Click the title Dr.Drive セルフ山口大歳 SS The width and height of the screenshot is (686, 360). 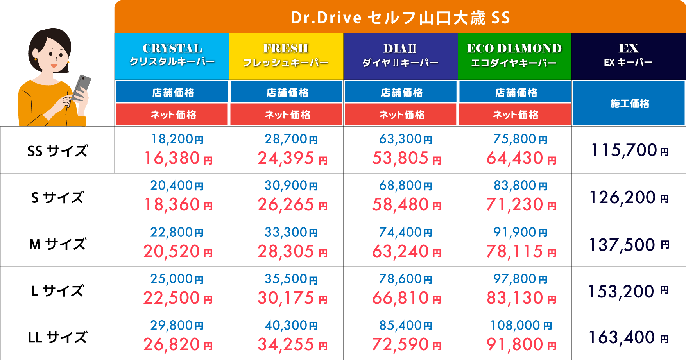[x=400, y=18]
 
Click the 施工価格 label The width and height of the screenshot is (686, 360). [x=629, y=103]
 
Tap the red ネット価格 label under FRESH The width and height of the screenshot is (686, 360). [x=287, y=115]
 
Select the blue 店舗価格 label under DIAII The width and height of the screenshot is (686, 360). [x=401, y=92]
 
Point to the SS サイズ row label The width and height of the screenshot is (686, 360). [x=57, y=151]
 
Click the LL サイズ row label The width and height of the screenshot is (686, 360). [x=57, y=337]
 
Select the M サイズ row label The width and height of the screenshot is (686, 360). [x=57, y=244]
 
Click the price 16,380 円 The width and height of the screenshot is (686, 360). [x=178, y=158]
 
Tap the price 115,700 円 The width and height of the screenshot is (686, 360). [x=629, y=150]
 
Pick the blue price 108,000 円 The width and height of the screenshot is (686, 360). [x=521, y=325]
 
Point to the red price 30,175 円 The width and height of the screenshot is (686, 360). [x=292, y=298]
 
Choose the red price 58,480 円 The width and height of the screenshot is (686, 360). [x=407, y=205]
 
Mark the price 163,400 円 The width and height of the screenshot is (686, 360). [x=629, y=337]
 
